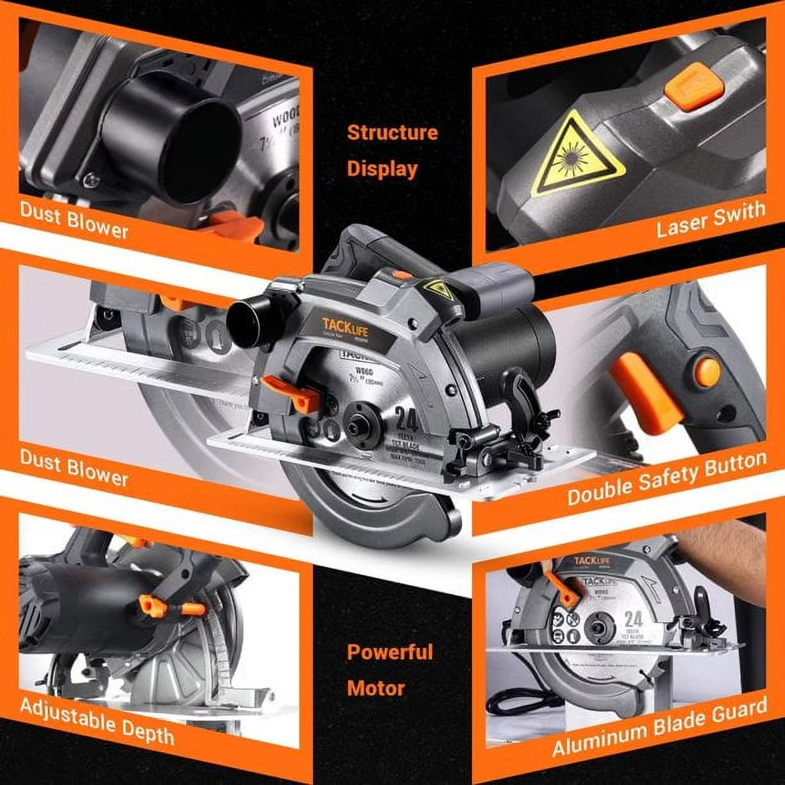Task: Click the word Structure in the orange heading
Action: tap(392, 133)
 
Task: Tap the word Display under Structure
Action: tap(382, 169)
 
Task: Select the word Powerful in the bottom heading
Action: tap(390, 652)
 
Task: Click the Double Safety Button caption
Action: tap(666, 478)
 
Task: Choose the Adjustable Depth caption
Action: tap(97, 721)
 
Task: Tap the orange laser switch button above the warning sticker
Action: tap(694, 87)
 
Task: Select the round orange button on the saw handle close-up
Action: tap(708, 372)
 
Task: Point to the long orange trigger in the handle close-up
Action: tap(645, 394)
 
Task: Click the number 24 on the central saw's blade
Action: tap(407, 419)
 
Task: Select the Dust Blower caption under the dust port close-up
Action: tap(74, 219)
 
